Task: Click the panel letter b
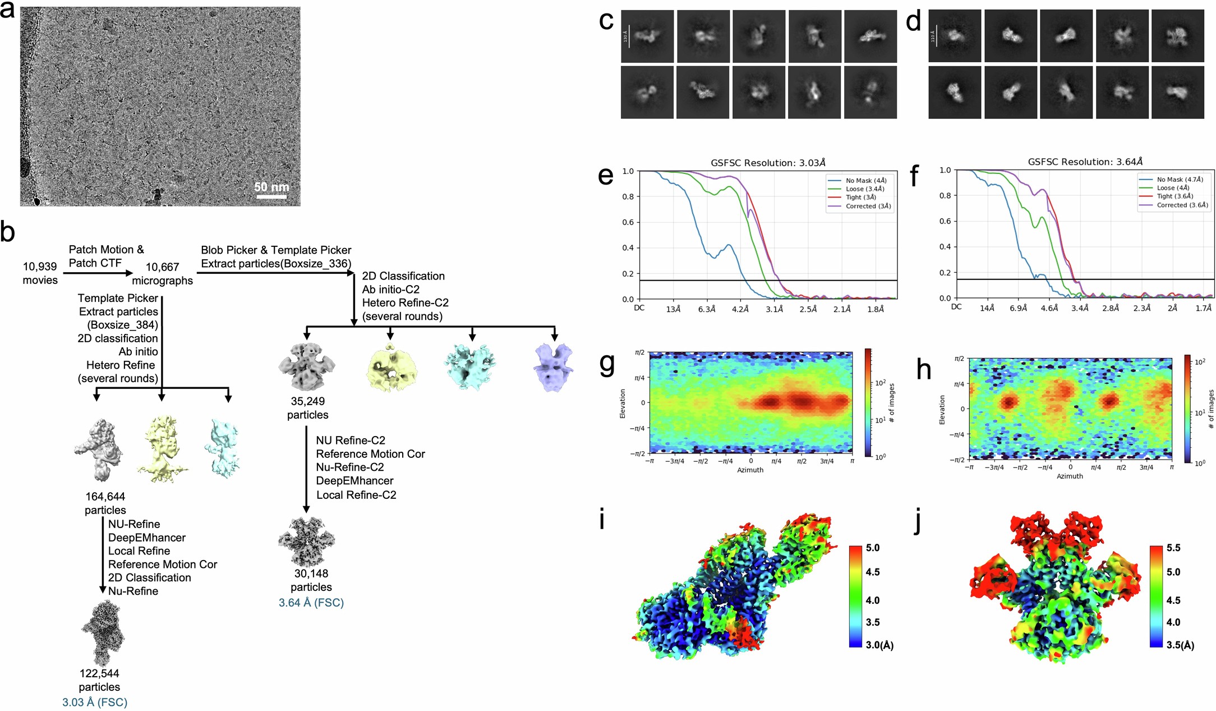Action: (x=8, y=232)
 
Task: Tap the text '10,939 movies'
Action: (x=40, y=273)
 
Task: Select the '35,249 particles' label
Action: (x=307, y=408)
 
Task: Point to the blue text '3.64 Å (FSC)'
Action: (x=311, y=602)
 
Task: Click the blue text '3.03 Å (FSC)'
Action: (x=95, y=702)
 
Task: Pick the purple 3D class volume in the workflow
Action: (x=553, y=368)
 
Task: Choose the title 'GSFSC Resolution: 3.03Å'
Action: (x=768, y=163)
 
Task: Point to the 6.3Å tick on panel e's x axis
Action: (x=707, y=309)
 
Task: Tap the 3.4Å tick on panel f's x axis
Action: (x=1080, y=308)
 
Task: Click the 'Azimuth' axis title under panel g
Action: (x=750, y=470)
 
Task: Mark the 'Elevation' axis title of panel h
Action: (x=942, y=410)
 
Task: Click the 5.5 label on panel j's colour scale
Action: (x=1173, y=548)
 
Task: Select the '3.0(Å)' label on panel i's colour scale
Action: (x=879, y=645)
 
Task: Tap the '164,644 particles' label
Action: (x=105, y=503)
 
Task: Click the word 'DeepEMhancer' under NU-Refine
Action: (x=147, y=538)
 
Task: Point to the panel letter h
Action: (x=923, y=370)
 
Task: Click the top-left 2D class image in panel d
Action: (x=955, y=36)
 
